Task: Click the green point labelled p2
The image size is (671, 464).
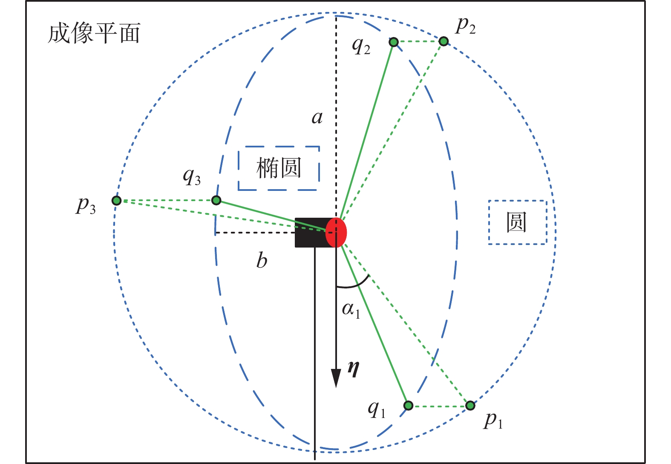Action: click(443, 41)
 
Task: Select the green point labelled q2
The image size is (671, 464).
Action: click(394, 42)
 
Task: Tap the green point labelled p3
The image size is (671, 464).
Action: click(116, 200)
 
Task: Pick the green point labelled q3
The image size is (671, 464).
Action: click(216, 200)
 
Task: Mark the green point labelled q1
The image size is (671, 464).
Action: click(408, 405)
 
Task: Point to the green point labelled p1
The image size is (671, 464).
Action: click(470, 406)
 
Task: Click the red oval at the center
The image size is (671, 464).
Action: click(336, 233)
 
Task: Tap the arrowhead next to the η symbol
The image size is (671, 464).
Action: click(336, 377)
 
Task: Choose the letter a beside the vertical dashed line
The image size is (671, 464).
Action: click(317, 117)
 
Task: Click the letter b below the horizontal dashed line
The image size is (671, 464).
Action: click(262, 260)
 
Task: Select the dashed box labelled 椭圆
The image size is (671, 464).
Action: click(279, 168)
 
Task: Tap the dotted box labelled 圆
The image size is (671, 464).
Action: click(517, 222)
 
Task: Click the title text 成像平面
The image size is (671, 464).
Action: click(94, 34)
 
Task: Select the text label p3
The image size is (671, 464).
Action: click(86, 205)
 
